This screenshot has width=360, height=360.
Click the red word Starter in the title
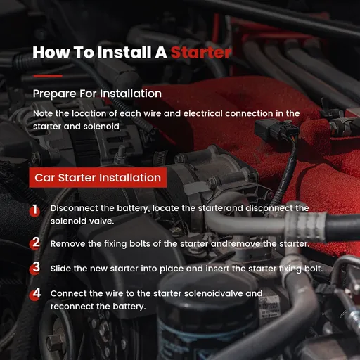point(200,52)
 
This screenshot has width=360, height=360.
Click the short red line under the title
point(48,75)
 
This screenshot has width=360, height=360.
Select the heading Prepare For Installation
point(97,94)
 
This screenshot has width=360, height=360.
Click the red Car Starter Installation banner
point(98,177)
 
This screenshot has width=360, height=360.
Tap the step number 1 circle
point(34,210)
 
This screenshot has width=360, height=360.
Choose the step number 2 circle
point(34,243)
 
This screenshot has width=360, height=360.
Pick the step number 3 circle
point(34,268)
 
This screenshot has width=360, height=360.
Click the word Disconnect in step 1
point(74,208)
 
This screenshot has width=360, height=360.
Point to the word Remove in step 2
point(67,243)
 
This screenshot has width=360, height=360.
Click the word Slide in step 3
point(61,268)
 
